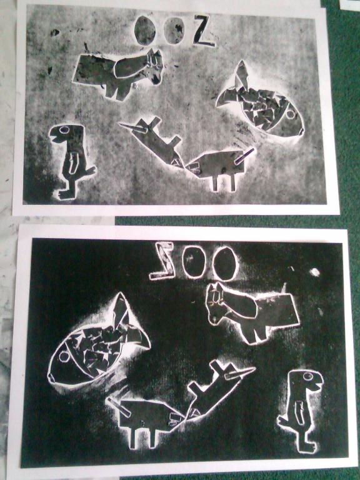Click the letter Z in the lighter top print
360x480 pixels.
[x=203, y=31]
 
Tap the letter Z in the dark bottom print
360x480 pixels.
[x=162, y=261]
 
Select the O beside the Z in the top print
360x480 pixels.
[x=174, y=31]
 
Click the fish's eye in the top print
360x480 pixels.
[x=291, y=114]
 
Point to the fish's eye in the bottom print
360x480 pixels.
[x=64, y=356]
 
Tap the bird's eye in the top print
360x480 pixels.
[x=64, y=130]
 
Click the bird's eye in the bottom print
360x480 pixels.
[x=308, y=376]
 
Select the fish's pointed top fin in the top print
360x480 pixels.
[x=242, y=74]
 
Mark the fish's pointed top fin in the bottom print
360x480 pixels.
[x=120, y=309]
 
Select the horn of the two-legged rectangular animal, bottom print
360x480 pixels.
[x=119, y=407]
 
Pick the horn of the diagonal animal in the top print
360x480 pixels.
[x=134, y=128]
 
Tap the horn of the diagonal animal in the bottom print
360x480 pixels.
[x=240, y=374]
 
